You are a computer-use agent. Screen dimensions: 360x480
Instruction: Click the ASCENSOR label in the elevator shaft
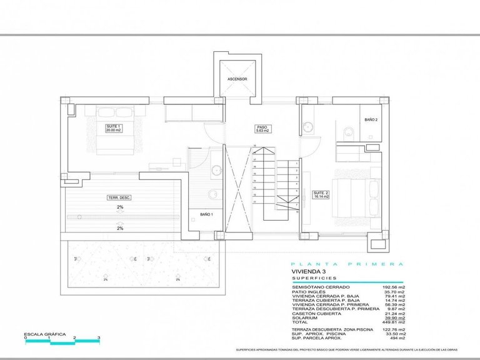[x=237, y=79]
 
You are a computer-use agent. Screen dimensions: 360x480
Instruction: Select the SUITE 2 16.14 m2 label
[x=321, y=194]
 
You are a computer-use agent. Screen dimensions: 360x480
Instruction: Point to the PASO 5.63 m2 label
[x=262, y=129]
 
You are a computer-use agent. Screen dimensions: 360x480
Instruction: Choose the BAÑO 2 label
[x=371, y=119]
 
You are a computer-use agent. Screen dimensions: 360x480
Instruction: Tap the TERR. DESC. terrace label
[x=119, y=197]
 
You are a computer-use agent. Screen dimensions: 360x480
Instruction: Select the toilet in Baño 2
[x=346, y=131]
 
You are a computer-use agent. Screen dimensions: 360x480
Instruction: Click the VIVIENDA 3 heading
[x=309, y=272]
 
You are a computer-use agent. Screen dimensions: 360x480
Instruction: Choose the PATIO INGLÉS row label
[x=308, y=292]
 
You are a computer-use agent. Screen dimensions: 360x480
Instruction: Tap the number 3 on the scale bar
[x=99, y=337]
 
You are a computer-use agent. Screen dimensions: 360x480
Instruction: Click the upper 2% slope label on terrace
[x=119, y=206]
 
